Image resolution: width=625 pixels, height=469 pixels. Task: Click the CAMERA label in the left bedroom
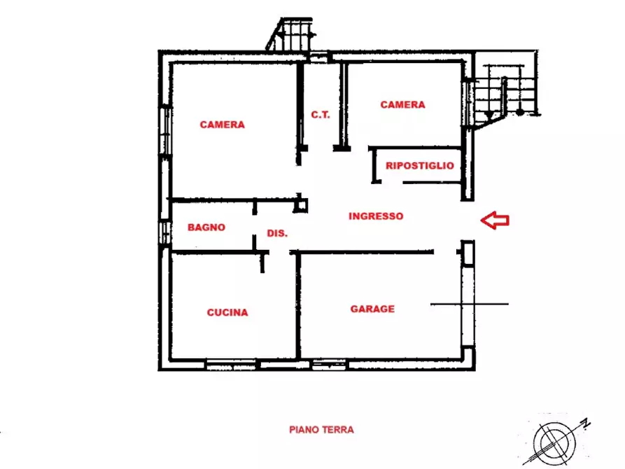(x=222, y=125)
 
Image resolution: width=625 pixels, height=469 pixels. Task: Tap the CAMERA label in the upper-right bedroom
(x=402, y=105)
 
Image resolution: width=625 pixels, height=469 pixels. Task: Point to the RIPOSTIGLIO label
(x=419, y=167)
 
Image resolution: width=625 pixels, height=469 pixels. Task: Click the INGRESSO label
(x=376, y=217)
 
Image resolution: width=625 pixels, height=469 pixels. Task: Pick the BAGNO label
(x=206, y=227)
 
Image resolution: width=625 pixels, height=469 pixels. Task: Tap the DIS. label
(x=277, y=234)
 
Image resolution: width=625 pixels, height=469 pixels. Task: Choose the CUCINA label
(x=227, y=313)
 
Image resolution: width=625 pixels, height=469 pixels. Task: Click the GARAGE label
(x=372, y=309)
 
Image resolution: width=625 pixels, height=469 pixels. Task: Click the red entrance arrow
(x=495, y=220)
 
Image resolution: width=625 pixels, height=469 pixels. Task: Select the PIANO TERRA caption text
(x=321, y=430)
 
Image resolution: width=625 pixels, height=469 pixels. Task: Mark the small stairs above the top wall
(x=288, y=34)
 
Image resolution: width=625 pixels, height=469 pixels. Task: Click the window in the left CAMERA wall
(x=165, y=129)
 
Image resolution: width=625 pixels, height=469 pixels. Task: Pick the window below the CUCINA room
(x=231, y=365)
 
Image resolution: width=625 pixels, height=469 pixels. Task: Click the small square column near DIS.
(x=301, y=204)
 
